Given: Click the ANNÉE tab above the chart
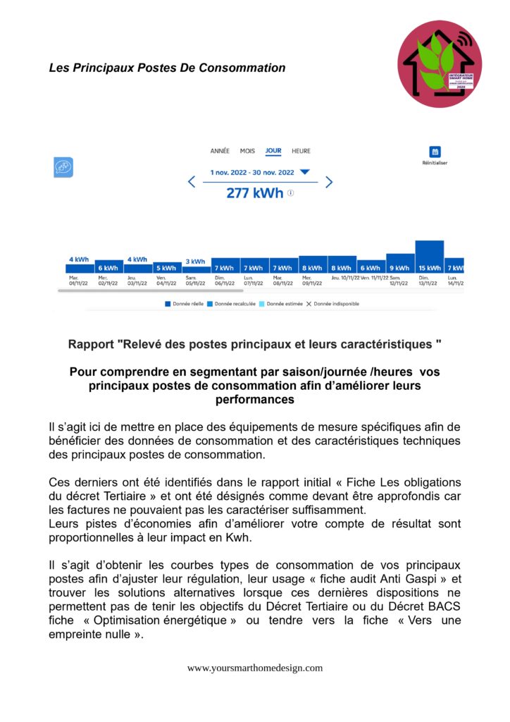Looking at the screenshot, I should pyautogui.click(x=220, y=151).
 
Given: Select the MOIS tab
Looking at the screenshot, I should pyautogui.click(x=247, y=151).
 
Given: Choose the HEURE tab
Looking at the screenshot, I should pyautogui.click(x=301, y=151).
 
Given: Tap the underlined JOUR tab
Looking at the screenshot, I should pyautogui.click(x=273, y=151).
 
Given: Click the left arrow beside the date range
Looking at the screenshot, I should pyautogui.click(x=192, y=182).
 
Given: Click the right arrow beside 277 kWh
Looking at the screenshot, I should pyautogui.click(x=328, y=182).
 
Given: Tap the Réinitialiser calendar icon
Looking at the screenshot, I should pyautogui.click(x=435, y=152).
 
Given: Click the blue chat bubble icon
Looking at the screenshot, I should pyautogui.click(x=63, y=167).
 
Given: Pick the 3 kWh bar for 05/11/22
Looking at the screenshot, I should pyautogui.click(x=196, y=269).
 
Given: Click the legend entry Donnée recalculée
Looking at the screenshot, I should pyautogui.click(x=232, y=304).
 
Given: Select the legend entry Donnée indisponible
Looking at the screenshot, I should pyautogui.click(x=335, y=304).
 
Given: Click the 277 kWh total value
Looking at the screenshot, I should pyautogui.click(x=254, y=192).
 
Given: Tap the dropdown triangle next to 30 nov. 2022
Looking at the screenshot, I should pyautogui.click(x=304, y=172).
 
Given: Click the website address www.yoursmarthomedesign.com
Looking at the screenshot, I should pyautogui.click(x=255, y=668).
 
